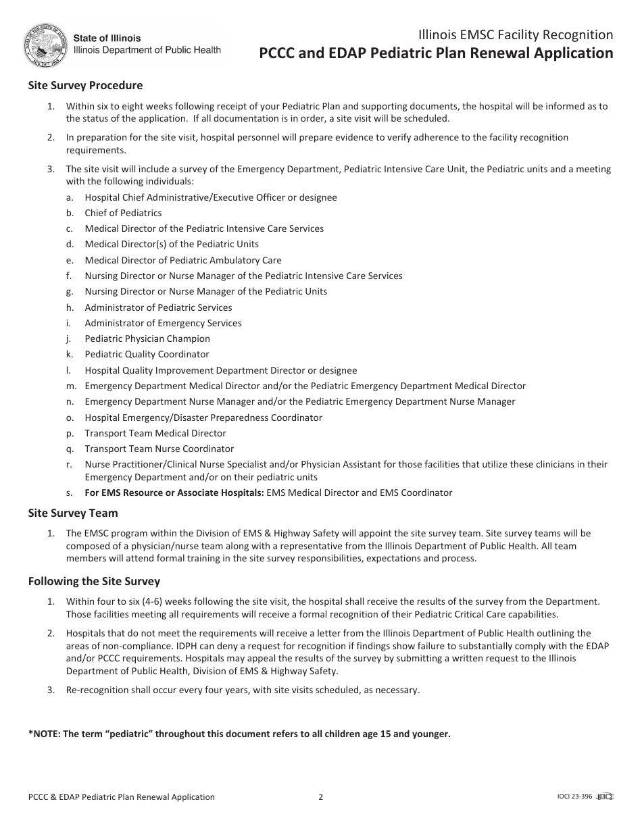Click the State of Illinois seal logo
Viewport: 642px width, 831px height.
45,45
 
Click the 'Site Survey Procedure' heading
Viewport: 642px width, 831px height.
85,86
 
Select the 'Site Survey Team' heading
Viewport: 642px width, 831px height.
73,513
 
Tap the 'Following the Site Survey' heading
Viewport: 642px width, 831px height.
94,581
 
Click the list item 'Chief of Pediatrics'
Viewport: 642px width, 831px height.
123,213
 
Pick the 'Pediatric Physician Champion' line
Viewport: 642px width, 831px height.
147,338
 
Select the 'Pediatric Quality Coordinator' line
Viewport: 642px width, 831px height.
147,354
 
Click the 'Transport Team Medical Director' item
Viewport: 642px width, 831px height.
155,433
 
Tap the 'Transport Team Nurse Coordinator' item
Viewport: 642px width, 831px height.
159,449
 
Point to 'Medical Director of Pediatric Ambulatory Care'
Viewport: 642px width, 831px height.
183,260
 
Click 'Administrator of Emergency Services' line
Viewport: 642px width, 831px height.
163,323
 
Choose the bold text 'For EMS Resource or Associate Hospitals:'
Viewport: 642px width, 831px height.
174,493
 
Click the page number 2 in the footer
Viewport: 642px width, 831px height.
321,797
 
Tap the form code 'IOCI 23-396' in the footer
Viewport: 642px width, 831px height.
570,797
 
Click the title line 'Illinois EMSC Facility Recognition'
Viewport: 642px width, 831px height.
516,35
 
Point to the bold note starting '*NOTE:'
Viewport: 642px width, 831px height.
239,734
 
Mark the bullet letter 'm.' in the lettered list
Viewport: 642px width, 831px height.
71,386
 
